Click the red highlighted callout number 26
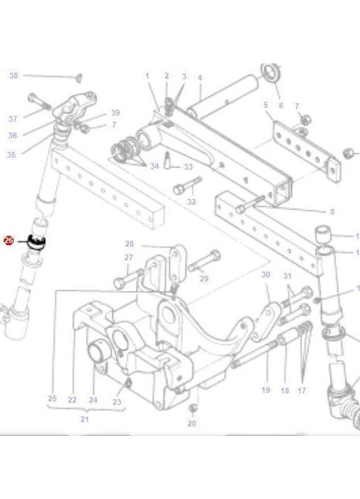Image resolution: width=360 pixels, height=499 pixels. [x=9, y=241]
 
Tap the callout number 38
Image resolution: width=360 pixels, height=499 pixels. [x=12, y=75]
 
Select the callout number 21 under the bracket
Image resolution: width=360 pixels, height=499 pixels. [x=84, y=419]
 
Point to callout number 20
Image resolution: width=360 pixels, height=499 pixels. [x=192, y=423]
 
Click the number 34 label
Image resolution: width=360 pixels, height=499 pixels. [x=155, y=166]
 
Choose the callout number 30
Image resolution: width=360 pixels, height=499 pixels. [x=266, y=275]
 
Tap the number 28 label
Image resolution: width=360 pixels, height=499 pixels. [x=130, y=244]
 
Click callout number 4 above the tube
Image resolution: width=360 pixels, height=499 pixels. [x=199, y=78]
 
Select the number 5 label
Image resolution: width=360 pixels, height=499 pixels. [x=266, y=104]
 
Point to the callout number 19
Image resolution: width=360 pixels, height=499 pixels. [x=265, y=391]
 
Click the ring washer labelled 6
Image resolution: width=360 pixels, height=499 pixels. [x=271, y=74]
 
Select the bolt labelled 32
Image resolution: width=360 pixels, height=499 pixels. [x=186, y=185]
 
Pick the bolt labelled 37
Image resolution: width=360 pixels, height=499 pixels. [x=39, y=100]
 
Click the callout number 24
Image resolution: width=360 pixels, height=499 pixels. [x=93, y=399]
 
